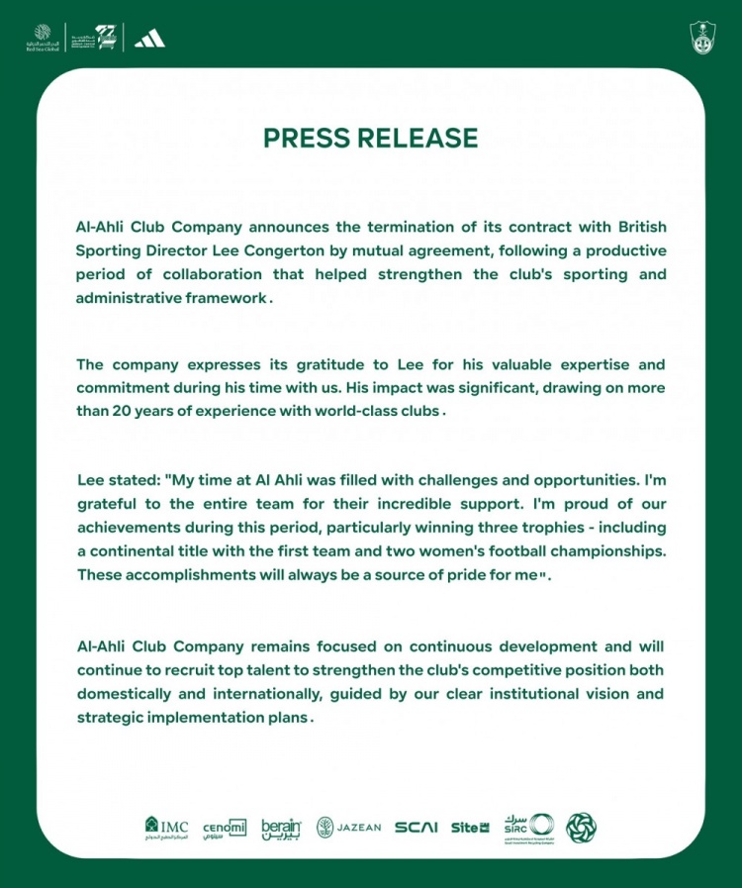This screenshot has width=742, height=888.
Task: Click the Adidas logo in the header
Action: pyautogui.click(x=149, y=39)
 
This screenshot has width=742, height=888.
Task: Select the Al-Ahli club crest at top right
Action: pyautogui.click(x=702, y=38)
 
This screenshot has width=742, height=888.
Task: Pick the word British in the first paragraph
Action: pyautogui.click(x=638, y=227)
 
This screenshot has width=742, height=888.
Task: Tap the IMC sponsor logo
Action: pyautogui.click(x=166, y=827)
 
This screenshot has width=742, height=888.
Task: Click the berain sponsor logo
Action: pyautogui.click(x=280, y=828)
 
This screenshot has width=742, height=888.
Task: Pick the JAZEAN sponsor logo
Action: pyautogui.click(x=348, y=828)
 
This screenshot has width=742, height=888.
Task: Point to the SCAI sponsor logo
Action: pyautogui.click(x=416, y=828)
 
